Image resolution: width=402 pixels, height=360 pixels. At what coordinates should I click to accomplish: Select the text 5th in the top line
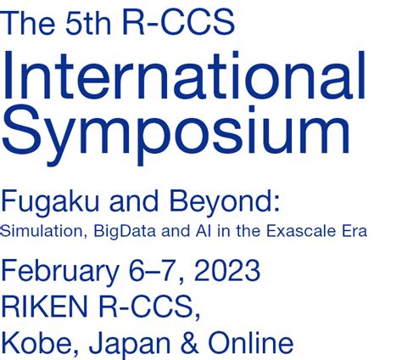tap(88, 23)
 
